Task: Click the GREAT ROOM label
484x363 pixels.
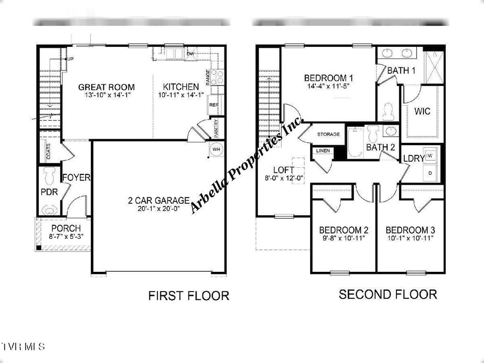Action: [106, 87]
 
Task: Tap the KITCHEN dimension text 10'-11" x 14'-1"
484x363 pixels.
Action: [181, 95]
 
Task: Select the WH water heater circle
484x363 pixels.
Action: [216, 149]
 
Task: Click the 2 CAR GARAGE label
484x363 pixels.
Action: [158, 200]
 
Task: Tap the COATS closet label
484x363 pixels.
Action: [49, 151]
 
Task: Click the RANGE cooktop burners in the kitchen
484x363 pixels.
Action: [217, 78]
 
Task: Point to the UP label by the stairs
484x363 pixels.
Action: [70, 59]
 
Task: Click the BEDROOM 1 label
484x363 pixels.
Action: [328, 78]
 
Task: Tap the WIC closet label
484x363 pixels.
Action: [422, 112]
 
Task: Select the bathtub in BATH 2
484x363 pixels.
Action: [354, 143]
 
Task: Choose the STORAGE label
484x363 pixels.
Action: [328, 134]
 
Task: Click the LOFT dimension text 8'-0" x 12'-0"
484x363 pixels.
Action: [284, 178]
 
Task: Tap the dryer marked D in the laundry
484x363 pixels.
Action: [430, 173]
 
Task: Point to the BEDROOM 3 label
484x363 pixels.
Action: [410, 230]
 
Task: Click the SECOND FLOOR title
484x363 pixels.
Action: [388, 294]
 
